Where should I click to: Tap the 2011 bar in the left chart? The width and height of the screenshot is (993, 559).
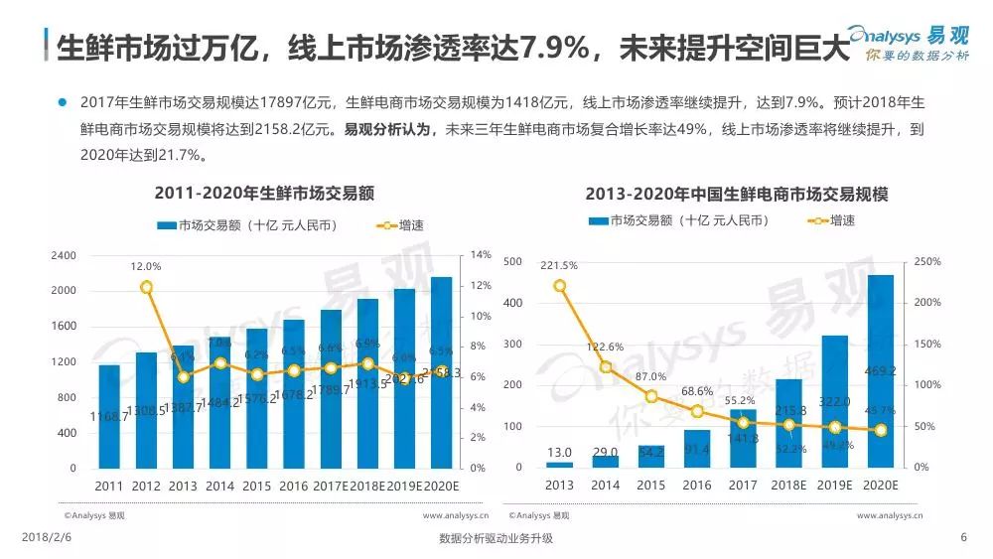(109, 417)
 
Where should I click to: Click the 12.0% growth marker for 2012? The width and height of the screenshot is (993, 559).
(147, 287)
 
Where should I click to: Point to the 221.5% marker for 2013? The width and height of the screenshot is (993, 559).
(560, 286)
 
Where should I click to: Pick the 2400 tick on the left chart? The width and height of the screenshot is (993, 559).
(63, 256)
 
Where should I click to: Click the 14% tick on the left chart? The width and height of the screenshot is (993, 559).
(480, 256)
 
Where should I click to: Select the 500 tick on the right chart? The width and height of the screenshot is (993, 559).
(512, 261)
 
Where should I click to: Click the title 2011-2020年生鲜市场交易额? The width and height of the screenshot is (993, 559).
(256, 193)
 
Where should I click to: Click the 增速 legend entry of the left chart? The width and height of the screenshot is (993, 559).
(400, 225)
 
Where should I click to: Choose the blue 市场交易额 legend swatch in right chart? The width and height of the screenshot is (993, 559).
(598, 220)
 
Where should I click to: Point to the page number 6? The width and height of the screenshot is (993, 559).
(963, 537)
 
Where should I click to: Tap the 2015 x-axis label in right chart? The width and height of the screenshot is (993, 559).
(651, 486)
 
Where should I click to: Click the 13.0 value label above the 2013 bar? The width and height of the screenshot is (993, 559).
(560, 453)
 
